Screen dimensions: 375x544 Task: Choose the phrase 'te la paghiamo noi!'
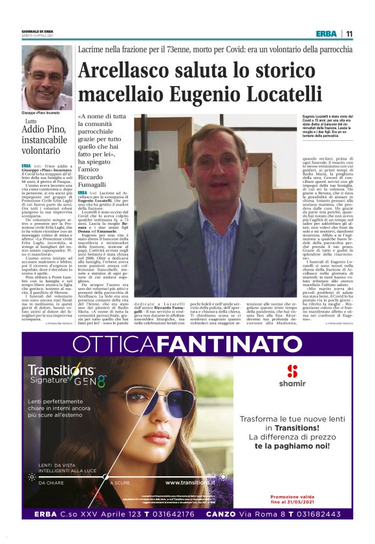click(291, 446)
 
